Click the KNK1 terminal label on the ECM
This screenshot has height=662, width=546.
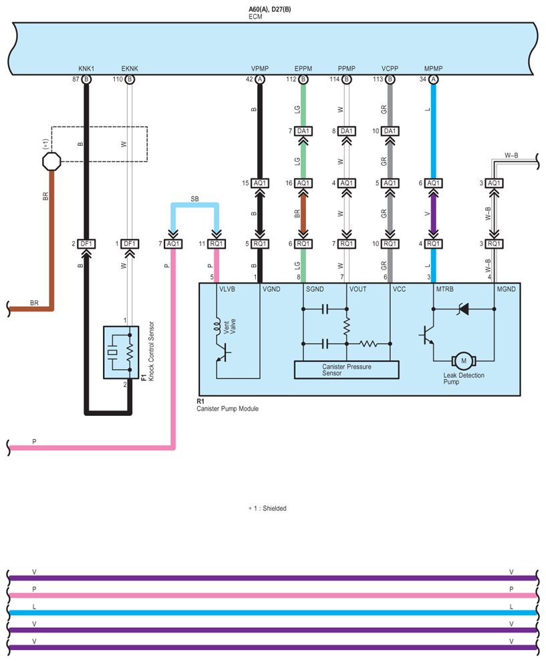[x=86, y=69]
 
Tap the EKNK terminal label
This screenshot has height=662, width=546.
[x=130, y=69]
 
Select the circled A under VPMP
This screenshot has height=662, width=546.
[x=260, y=79]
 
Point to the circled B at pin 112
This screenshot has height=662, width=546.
[x=303, y=79]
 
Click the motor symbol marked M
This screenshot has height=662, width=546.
[x=462, y=360]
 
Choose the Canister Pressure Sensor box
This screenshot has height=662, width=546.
[x=346, y=370]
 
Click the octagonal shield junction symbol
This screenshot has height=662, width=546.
[x=51, y=161]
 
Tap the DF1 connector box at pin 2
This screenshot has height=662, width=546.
[x=86, y=243]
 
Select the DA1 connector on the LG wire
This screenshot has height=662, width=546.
[x=303, y=131]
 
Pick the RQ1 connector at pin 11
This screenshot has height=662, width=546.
[x=217, y=243]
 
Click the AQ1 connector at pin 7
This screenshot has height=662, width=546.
[x=173, y=243]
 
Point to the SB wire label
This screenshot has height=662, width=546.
[x=194, y=199]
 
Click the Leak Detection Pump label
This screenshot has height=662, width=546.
[x=462, y=378]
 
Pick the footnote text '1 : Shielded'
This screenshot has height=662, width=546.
[x=269, y=508]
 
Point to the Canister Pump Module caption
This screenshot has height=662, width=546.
[x=227, y=409]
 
